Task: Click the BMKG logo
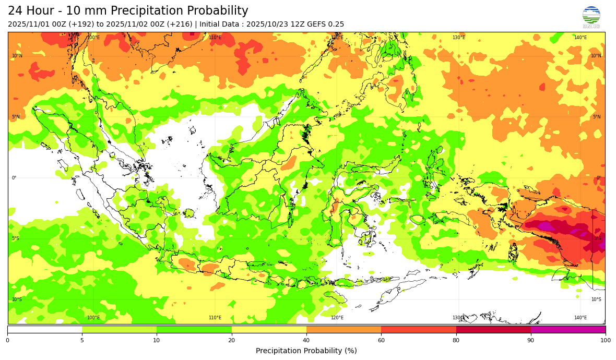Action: [591, 17]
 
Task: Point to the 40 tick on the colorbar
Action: [306, 340]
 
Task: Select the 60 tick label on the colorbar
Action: [381, 340]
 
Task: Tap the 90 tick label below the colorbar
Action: [531, 340]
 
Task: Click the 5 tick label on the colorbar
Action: [82, 340]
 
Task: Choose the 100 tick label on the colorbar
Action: [605, 340]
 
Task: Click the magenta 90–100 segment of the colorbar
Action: [568, 329]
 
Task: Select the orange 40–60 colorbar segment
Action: [343, 329]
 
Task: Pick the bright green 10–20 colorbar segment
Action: [194, 329]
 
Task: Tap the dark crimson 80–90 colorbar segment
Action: [493, 329]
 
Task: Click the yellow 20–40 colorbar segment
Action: [269, 329]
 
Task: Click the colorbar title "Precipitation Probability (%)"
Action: [306, 351]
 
